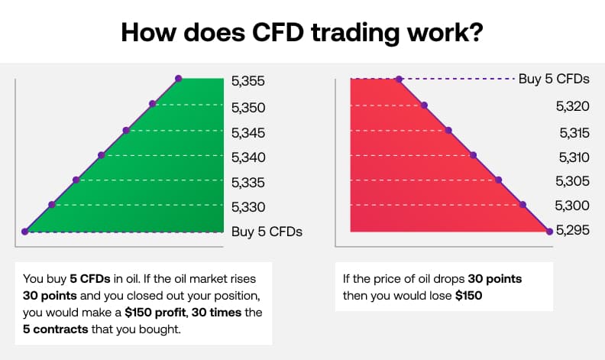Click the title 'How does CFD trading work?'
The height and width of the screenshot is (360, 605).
coord(302,33)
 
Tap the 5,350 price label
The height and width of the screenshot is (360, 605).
coord(247,108)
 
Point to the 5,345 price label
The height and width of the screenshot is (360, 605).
coord(247,133)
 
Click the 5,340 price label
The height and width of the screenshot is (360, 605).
coord(247,157)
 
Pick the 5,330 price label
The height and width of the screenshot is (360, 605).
coord(247,206)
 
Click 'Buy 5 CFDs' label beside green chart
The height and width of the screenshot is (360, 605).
coord(267,232)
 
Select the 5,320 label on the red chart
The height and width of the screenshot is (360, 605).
coord(574,106)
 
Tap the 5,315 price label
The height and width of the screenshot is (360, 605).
coord(574,132)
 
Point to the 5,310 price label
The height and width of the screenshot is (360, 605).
coord(574,157)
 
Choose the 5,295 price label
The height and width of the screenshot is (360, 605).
coord(574,229)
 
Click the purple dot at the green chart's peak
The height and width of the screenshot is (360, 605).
coord(179,78)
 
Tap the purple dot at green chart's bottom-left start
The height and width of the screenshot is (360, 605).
coord(25,231)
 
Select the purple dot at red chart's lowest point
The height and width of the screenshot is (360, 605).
coord(549,230)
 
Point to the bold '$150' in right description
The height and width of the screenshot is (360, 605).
coord(469,295)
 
